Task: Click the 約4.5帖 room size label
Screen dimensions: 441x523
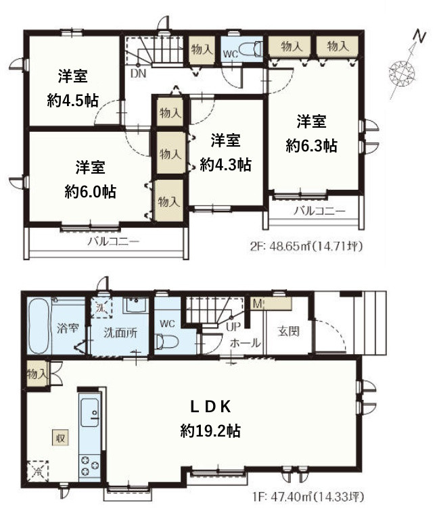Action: [73, 100]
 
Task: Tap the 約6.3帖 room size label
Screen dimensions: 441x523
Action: [311, 146]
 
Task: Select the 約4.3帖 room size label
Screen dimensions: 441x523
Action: [225, 165]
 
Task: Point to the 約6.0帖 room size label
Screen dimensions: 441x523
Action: [90, 192]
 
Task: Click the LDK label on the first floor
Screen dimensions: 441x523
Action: [210, 407]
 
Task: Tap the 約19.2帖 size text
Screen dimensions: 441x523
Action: [210, 431]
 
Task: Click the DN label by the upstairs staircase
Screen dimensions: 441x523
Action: [138, 74]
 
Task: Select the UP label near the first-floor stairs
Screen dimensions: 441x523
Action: [233, 327]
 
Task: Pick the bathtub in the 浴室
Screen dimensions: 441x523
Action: [39, 326]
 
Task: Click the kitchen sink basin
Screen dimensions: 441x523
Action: [90, 413]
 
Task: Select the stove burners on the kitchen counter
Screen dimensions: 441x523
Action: [89, 467]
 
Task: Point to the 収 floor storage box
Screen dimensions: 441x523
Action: [60, 438]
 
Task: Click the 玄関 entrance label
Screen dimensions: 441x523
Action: [288, 331]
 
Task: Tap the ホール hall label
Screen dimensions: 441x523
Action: [246, 343]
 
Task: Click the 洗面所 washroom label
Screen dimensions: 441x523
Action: [120, 332]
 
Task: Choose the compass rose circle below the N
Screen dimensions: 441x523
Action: [402, 72]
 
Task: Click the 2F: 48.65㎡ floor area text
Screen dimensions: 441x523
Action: [306, 247]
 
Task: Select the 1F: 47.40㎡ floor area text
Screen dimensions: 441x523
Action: [308, 497]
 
